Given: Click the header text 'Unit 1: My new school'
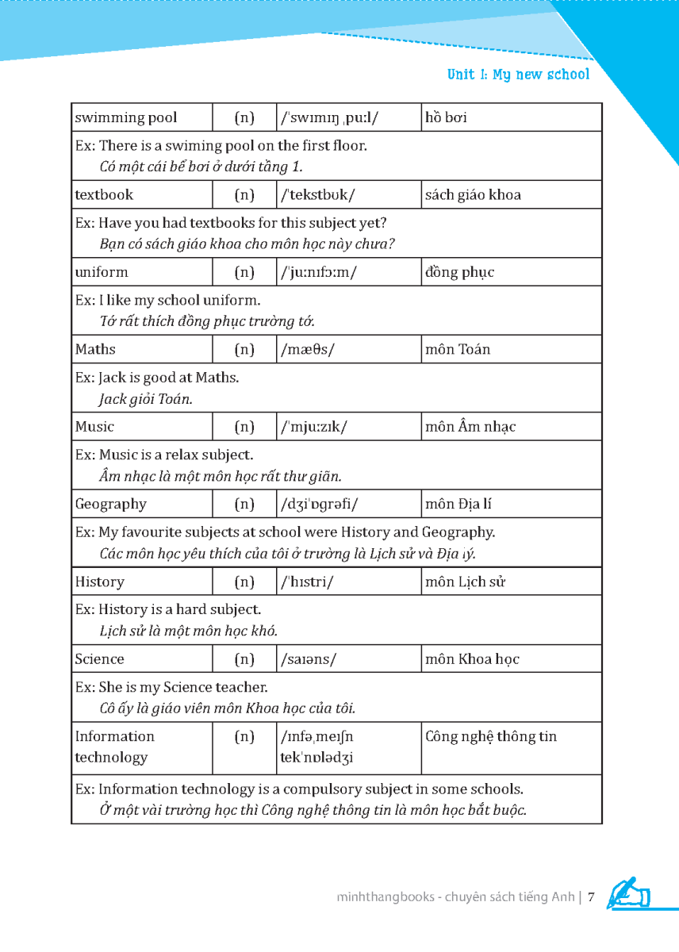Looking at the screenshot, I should [x=518, y=75].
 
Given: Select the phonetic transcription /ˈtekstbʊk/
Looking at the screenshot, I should [x=317, y=194].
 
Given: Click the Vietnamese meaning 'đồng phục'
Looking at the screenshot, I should [x=459, y=272].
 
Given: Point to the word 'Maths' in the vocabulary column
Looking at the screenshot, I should [x=95, y=349].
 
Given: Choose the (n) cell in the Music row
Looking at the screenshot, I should [x=244, y=427].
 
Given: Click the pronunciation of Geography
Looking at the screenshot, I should [x=320, y=504].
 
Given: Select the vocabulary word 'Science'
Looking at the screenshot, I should [x=100, y=658].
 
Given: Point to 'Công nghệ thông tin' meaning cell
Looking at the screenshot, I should [x=491, y=736].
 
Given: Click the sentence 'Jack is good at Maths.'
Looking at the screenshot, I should [x=168, y=378].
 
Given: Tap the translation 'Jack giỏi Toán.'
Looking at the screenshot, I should [x=145, y=399].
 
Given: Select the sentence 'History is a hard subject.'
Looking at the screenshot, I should [x=179, y=609].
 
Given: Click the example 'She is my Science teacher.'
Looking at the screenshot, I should [x=182, y=687].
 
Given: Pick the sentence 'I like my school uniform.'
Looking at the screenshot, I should [x=179, y=300].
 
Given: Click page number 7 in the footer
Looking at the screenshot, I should [x=591, y=897].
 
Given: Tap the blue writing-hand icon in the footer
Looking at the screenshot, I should [x=628, y=893].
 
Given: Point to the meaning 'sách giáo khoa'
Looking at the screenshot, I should [x=473, y=194].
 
